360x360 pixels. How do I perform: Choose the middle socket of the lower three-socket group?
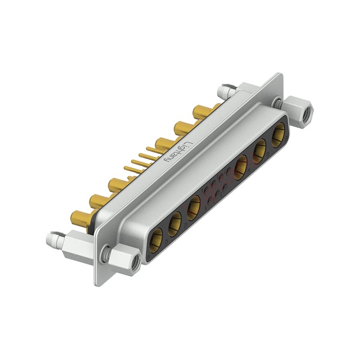(x=175, y=221)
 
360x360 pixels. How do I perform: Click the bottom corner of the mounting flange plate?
(x=96, y=283)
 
